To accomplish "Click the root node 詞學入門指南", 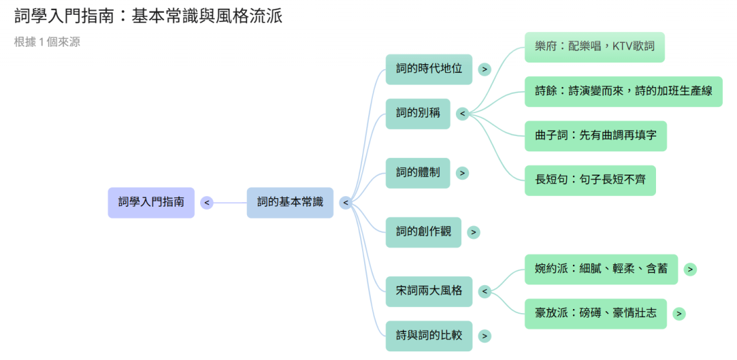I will click(x=151, y=202).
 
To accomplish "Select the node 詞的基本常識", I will click(x=290, y=202).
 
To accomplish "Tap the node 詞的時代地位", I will click(x=429, y=69).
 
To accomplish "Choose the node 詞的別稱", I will click(x=418, y=113).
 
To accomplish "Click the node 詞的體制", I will click(x=418, y=173).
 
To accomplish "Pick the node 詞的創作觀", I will click(x=423, y=232).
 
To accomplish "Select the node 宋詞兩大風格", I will click(x=429, y=291).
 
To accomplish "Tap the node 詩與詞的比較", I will click(x=429, y=336).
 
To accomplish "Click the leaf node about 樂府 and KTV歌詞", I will click(x=594, y=47).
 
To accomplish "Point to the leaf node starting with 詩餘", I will click(x=623, y=91).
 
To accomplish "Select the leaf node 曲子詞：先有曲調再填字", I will click(x=596, y=136).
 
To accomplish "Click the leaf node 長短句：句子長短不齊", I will click(x=590, y=180).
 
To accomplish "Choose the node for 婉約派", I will click(x=601, y=269).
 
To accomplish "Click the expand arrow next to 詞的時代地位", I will click(x=485, y=69).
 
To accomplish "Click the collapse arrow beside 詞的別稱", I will click(x=462, y=114).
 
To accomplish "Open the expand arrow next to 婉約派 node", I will click(x=690, y=269).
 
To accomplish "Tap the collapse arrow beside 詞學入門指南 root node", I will click(x=207, y=203).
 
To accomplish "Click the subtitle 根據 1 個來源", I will click(x=47, y=42).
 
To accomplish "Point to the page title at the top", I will click(x=148, y=16).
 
